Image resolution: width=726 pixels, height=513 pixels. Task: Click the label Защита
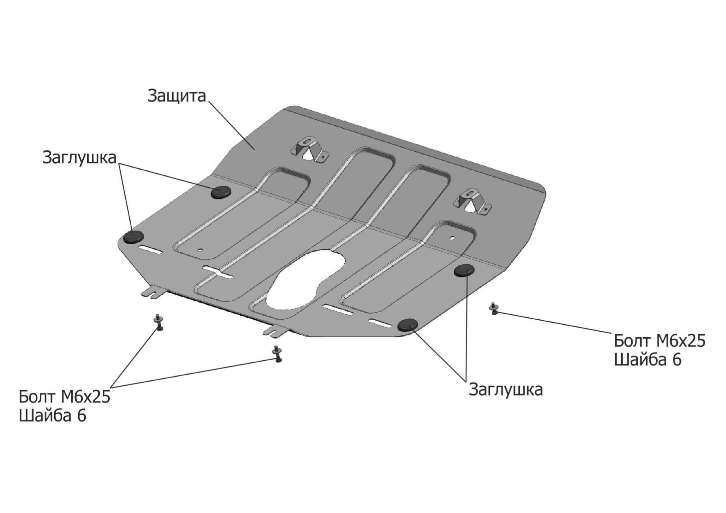pos(177,96)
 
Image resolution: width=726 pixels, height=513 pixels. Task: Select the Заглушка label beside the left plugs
pos(79,158)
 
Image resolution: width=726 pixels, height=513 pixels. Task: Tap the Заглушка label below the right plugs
pos(506,390)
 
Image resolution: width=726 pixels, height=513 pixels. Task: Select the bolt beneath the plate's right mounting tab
pos(277,354)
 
